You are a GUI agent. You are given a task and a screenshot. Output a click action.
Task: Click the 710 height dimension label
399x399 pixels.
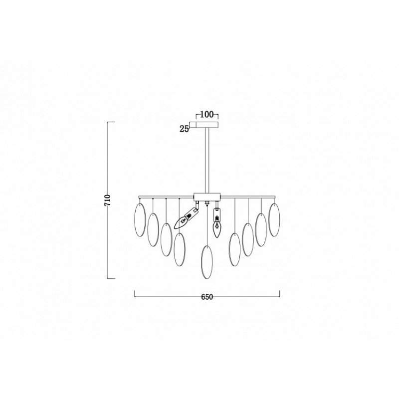tap(108, 200)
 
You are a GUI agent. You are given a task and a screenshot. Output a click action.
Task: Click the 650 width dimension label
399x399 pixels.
tap(207, 297)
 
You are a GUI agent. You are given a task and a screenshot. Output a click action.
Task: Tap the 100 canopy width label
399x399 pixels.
tap(206, 115)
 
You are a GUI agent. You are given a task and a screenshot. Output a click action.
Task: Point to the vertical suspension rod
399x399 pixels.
tap(207, 160)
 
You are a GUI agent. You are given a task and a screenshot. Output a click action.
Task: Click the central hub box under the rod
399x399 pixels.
tap(207, 197)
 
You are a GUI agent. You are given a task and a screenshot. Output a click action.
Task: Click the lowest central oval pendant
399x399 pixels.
tap(207, 262)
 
